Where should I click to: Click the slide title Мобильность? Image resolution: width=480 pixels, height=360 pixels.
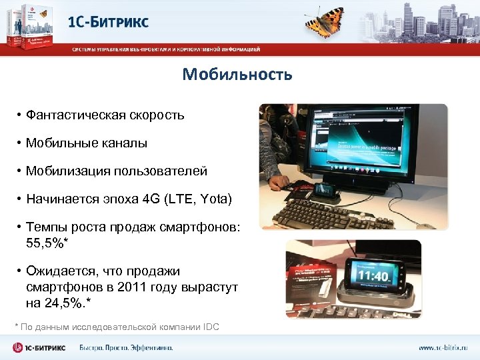pyautogui.click(x=237, y=74)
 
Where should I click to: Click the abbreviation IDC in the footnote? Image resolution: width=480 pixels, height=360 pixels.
pyautogui.click(x=211, y=326)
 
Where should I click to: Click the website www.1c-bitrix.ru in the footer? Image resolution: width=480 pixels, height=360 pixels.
pyautogui.click(x=443, y=348)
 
